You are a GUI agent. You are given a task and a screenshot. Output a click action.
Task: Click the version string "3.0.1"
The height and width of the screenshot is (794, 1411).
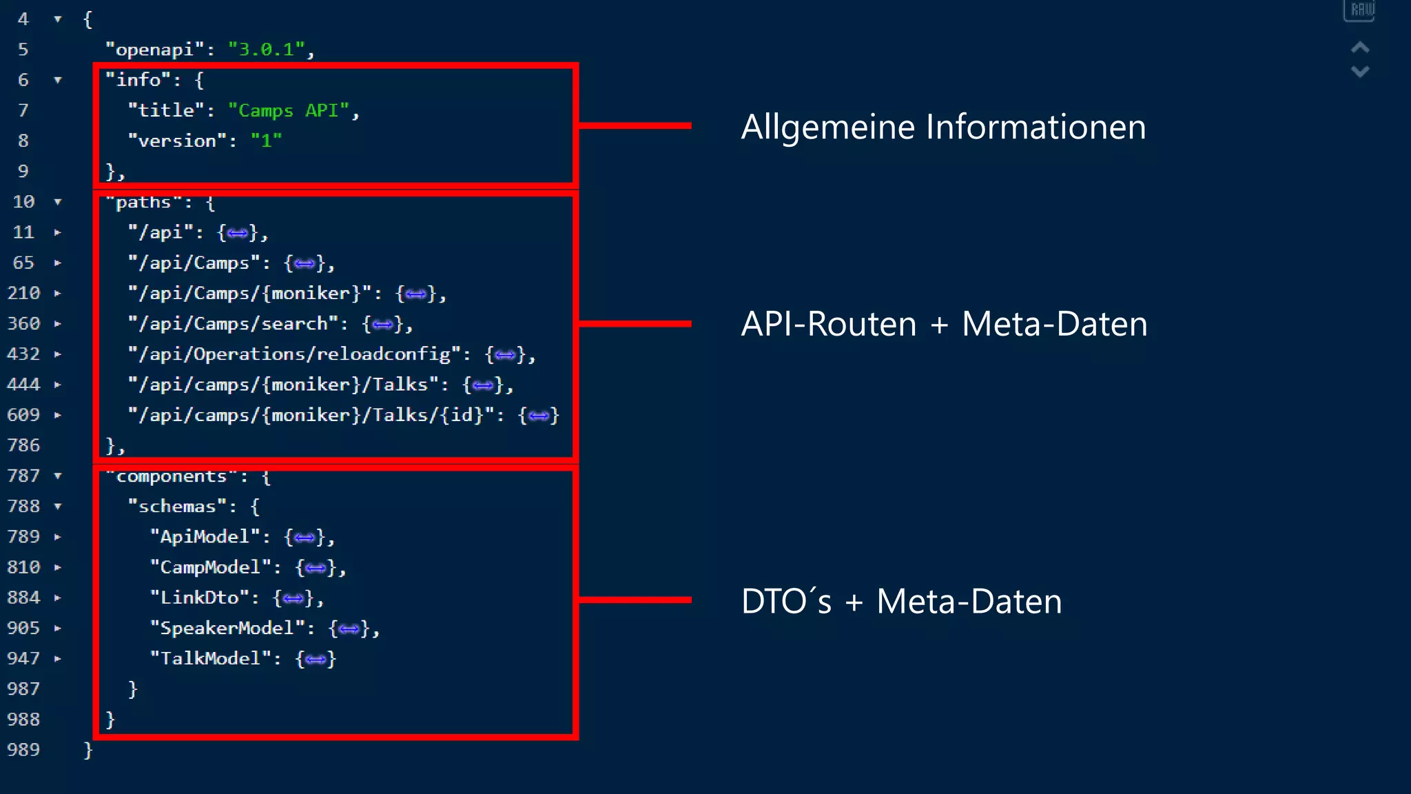pyautogui.click(x=267, y=50)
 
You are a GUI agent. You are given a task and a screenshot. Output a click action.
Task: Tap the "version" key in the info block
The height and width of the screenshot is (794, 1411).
pyautogui.click(x=178, y=141)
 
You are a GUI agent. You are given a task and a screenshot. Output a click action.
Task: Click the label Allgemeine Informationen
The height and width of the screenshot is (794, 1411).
pyautogui.click(x=943, y=128)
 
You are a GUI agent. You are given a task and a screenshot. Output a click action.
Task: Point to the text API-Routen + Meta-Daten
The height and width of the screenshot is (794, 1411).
pyautogui.click(x=943, y=324)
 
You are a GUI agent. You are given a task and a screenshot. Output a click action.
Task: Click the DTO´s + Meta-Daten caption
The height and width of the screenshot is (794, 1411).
pyautogui.click(x=900, y=602)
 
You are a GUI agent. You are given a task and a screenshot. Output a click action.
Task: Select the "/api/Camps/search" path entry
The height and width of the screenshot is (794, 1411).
pyautogui.click(x=234, y=324)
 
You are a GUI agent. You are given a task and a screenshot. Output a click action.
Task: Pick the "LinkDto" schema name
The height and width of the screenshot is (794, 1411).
pyautogui.click(x=199, y=598)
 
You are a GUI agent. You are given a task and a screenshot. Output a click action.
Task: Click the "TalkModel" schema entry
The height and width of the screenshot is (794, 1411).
pyautogui.click(x=210, y=658)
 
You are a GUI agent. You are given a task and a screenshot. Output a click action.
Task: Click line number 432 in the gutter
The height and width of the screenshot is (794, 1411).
pyautogui.click(x=23, y=354)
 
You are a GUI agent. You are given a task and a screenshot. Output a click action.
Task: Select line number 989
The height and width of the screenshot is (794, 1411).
pyautogui.click(x=23, y=750)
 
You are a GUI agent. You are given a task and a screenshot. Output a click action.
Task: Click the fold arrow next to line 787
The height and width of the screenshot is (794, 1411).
pyautogui.click(x=58, y=476)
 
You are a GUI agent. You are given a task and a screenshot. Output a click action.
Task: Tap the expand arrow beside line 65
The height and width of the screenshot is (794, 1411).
pyautogui.click(x=58, y=263)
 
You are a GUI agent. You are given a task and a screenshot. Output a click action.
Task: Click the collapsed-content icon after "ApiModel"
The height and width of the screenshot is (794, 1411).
pyautogui.click(x=304, y=538)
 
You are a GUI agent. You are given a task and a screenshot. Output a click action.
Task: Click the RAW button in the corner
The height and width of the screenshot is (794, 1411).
pyautogui.click(x=1359, y=10)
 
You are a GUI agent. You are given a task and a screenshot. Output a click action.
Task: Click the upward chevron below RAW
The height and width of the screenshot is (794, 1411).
pyautogui.click(x=1359, y=48)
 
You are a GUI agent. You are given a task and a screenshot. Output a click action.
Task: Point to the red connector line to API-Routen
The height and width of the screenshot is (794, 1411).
pyautogui.click(x=634, y=323)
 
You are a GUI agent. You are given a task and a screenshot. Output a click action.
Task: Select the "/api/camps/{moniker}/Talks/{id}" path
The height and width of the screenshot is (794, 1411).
pyautogui.click(x=311, y=415)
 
